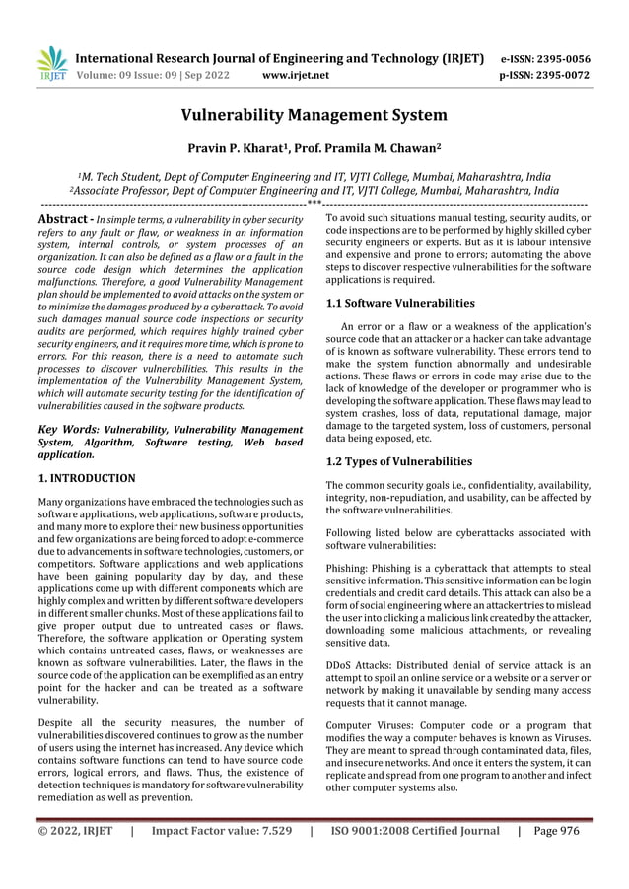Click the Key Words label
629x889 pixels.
pyautogui.click(x=67, y=430)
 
